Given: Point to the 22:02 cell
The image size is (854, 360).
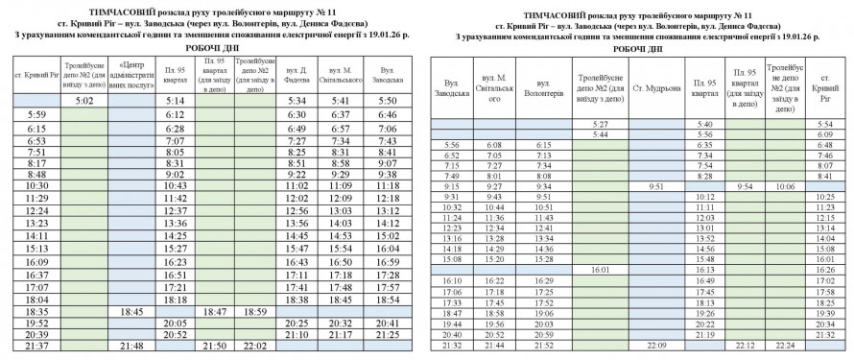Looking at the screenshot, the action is (256, 346).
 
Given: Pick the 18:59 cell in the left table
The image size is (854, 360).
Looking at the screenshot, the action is (256, 312).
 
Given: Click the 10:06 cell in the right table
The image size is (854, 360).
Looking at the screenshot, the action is (786, 185).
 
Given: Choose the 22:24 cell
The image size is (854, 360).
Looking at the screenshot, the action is (786, 344).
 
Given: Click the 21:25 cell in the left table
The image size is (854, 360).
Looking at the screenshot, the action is (388, 335).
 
